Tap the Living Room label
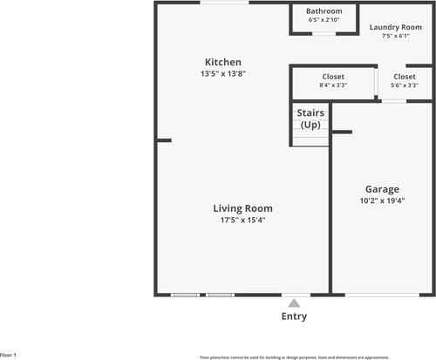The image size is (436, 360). pyautogui.click(x=243, y=208)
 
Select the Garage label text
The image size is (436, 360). pyautogui.click(x=382, y=189)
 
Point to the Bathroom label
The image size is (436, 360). pyautogui.click(x=324, y=11)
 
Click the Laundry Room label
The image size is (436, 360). pyautogui.click(x=401, y=27)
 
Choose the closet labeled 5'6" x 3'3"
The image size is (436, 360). pyautogui.click(x=405, y=77)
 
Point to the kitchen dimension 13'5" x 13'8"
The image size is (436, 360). pyautogui.click(x=223, y=73)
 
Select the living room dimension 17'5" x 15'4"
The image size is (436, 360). pyautogui.click(x=243, y=220)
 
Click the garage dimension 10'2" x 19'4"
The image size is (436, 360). pyautogui.click(x=382, y=200)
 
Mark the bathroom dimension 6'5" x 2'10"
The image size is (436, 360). pyautogui.click(x=324, y=19)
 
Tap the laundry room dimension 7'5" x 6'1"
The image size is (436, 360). pyautogui.click(x=401, y=37)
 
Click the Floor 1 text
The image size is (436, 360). pyautogui.click(x=9, y=355)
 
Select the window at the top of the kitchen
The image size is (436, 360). pyautogui.click(x=222, y=3)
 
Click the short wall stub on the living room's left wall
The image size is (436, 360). pyautogui.click(x=164, y=140)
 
